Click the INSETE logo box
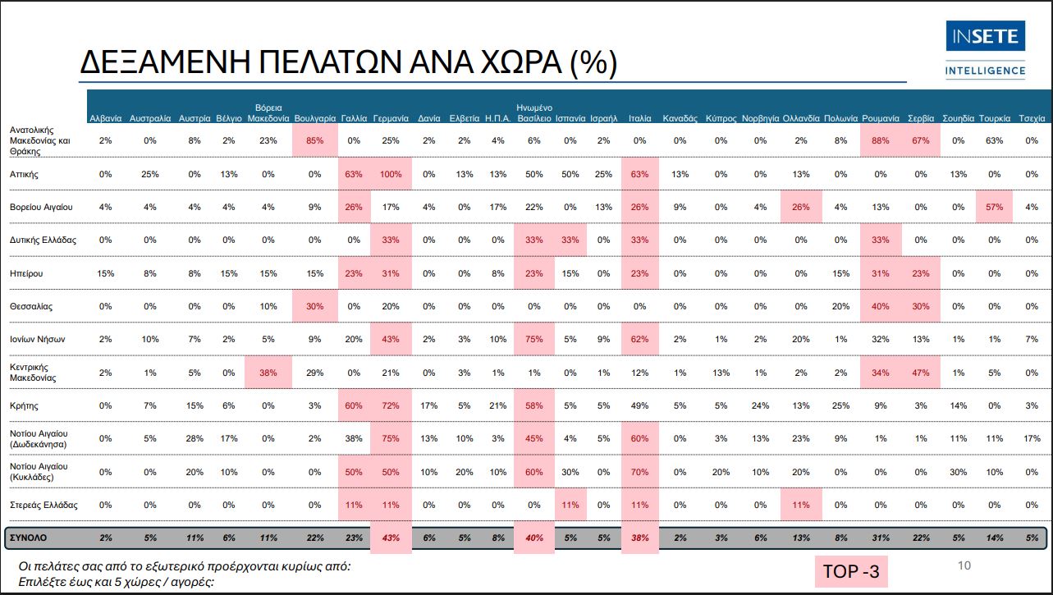986,38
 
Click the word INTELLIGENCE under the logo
986,71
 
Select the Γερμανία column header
391,118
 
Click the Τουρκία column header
994,118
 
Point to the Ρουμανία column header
881,118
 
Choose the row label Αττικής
25,174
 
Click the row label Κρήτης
24,405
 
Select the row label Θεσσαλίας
31,306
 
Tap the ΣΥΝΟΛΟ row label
29,538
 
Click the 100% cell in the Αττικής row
391,174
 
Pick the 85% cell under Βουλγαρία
314,140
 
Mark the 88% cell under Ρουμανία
881,140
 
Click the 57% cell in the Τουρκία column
994,207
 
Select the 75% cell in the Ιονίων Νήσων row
534,338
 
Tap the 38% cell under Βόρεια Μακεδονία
269,372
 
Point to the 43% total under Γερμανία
391,538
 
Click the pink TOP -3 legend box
850,571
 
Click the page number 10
964,565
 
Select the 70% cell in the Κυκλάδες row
640,472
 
